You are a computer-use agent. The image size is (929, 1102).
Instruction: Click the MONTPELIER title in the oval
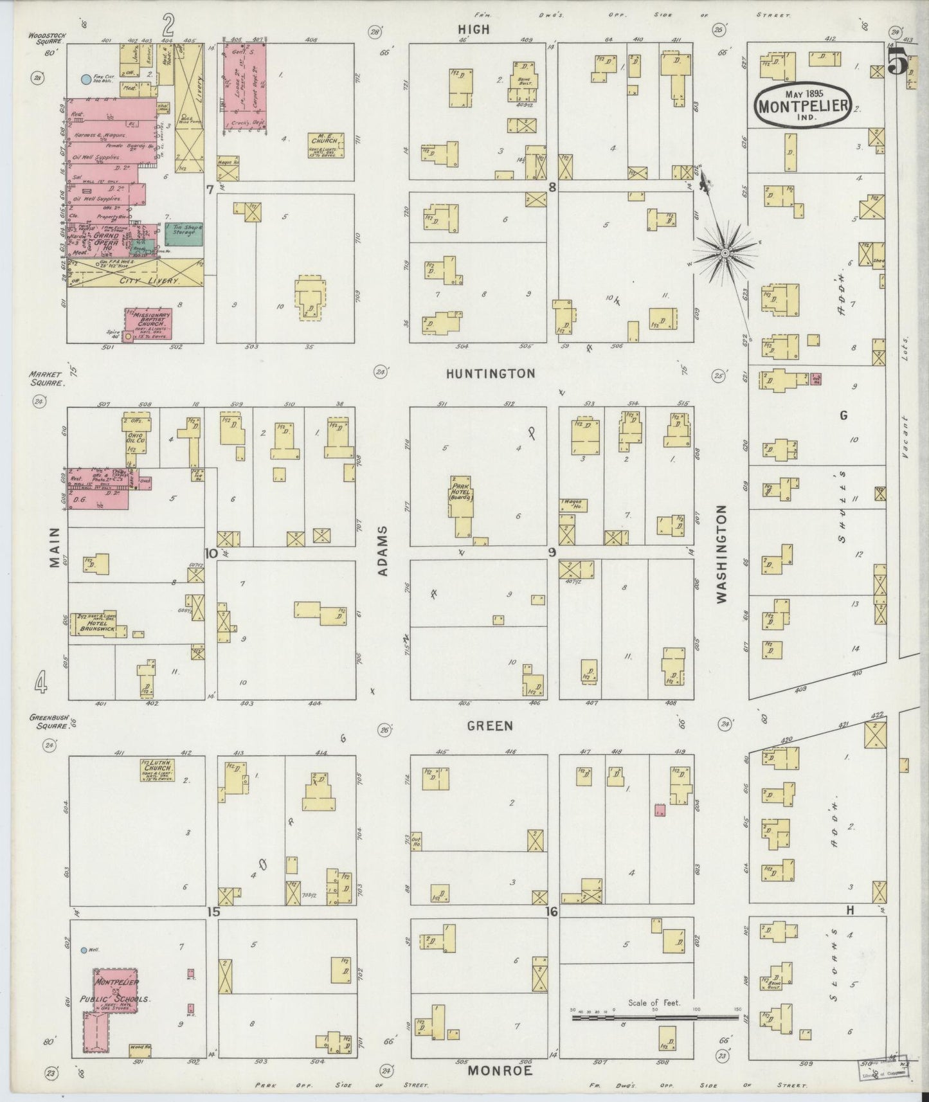pyautogui.click(x=804, y=105)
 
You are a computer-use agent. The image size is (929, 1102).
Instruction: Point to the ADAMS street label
pyautogui.click(x=383, y=550)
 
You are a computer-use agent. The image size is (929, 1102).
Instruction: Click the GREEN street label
pyautogui.click(x=490, y=725)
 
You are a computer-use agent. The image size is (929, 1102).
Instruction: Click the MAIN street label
pyautogui.click(x=53, y=548)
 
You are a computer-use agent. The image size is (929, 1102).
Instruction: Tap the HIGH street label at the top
pyautogui.click(x=474, y=29)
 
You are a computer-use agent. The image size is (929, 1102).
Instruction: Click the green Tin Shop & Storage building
pyautogui.click(x=184, y=235)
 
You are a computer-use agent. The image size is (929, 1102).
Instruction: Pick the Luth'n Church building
pyautogui.click(x=157, y=769)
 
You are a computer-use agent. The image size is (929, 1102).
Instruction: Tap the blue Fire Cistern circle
pyautogui.click(x=84, y=80)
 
